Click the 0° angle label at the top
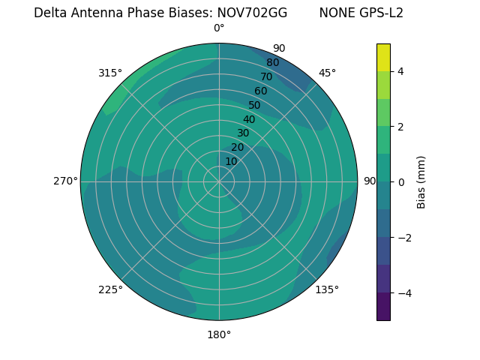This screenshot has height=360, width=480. point(219,28)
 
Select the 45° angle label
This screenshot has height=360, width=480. point(327,73)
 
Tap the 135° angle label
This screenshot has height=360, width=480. point(327,289)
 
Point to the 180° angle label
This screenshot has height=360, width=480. point(219,334)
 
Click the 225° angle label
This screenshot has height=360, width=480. point(110,289)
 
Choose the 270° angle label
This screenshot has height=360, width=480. point(65,181)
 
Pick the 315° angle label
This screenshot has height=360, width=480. point(110,73)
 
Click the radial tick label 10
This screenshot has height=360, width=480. point(231,161)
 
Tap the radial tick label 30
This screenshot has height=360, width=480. point(243,133)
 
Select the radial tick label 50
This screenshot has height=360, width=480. point(254,106)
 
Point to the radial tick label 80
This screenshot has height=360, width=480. point(272,63)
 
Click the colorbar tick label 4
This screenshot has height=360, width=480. point(401,71)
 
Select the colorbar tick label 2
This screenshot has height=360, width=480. point(401,127)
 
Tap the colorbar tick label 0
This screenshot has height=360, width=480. point(401,181)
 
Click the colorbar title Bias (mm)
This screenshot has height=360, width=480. point(421,181)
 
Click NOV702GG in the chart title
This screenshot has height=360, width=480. point(252,13)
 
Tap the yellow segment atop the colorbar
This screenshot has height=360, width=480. point(383,58)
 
